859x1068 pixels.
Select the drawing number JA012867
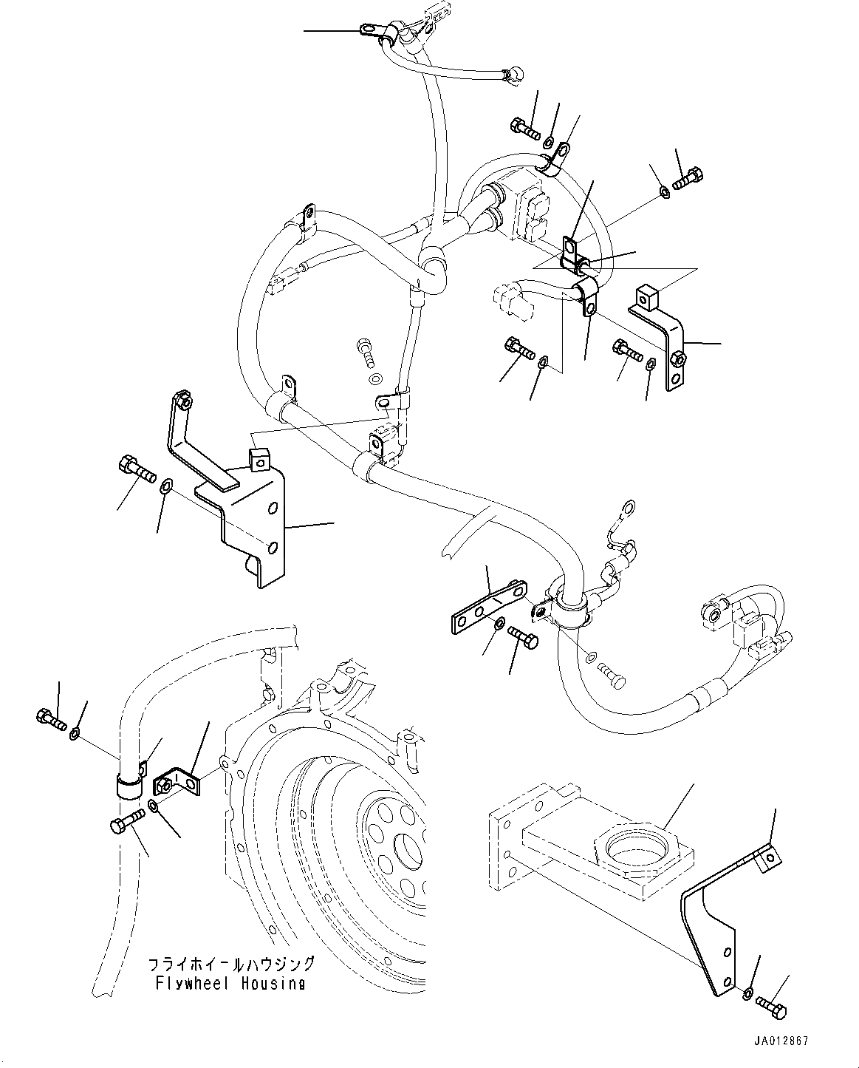[x=781, y=1041]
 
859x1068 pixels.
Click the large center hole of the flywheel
[x=410, y=848]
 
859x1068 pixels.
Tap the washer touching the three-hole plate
[x=500, y=625]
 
